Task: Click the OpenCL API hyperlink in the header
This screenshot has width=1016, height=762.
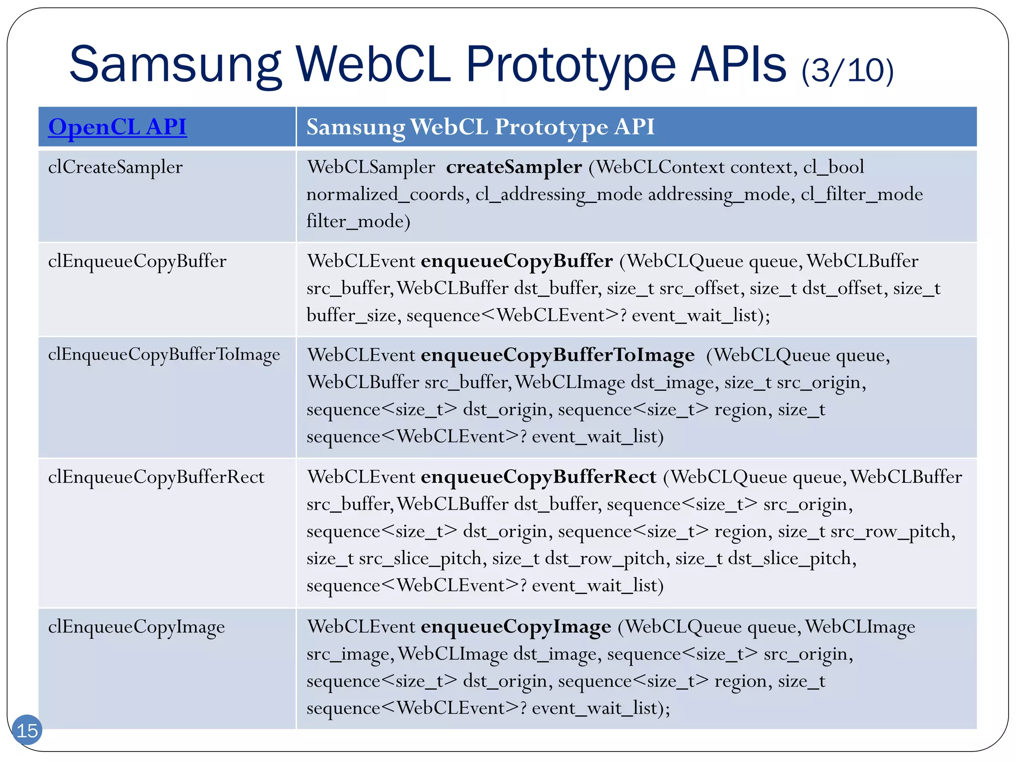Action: (x=117, y=127)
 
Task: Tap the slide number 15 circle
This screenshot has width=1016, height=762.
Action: (x=27, y=730)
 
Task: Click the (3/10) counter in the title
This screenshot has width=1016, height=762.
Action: (x=847, y=70)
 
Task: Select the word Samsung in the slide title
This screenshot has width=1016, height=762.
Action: (x=175, y=65)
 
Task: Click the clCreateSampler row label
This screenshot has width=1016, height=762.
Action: (x=115, y=167)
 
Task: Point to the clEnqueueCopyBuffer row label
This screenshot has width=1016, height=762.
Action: (x=137, y=261)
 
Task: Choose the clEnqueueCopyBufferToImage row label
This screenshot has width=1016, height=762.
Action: (x=164, y=355)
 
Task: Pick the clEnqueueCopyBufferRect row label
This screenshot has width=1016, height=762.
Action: (x=156, y=477)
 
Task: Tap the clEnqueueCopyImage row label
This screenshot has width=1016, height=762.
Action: (x=136, y=627)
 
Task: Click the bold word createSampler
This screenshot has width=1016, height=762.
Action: (x=513, y=167)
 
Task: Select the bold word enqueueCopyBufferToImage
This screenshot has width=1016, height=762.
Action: (x=557, y=355)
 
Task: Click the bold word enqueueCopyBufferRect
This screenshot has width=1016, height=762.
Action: (x=538, y=477)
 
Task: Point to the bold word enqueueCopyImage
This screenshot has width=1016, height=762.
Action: (x=515, y=627)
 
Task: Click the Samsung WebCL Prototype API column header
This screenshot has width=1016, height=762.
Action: (x=480, y=127)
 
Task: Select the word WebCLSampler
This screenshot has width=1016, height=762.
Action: (x=371, y=167)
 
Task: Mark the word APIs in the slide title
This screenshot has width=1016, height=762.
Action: (x=738, y=65)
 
